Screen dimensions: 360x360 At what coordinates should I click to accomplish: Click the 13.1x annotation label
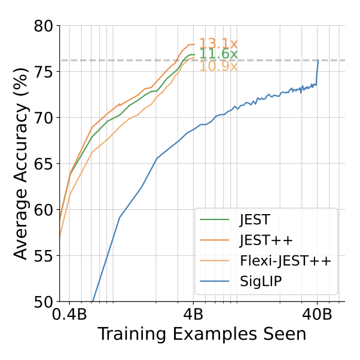(218, 44)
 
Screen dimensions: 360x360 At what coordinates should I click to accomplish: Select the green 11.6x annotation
(218, 54)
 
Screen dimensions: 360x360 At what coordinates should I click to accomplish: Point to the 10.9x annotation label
(218, 66)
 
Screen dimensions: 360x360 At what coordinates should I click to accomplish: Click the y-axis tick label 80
(42, 26)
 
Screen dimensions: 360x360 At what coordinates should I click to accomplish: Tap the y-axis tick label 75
(42, 72)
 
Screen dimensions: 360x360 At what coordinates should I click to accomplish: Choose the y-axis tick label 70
(42, 118)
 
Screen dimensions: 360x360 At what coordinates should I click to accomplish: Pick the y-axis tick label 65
(42, 164)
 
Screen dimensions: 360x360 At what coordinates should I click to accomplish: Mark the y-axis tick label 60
(42, 210)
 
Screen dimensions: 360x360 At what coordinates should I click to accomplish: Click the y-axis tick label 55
(42, 256)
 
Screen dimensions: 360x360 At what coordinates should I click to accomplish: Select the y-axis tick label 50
(42, 302)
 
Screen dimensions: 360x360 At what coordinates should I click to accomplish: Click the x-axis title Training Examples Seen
(202, 334)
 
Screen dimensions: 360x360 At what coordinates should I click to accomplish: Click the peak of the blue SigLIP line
(318, 60)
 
